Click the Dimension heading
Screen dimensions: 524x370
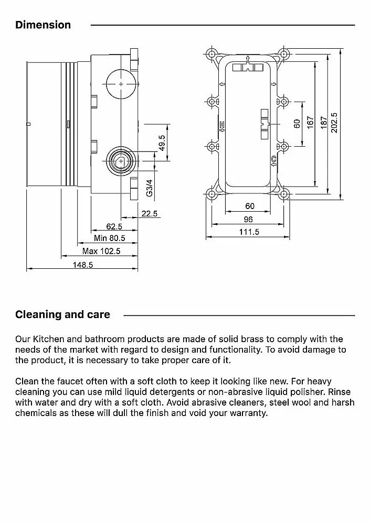tap(43, 25)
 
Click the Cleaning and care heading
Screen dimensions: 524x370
tap(62, 314)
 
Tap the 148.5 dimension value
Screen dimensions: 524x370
tap(83, 265)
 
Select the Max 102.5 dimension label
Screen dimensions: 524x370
tap(101, 251)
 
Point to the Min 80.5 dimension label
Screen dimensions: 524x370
tap(109, 238)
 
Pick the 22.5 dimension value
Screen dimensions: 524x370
tap(150, 213)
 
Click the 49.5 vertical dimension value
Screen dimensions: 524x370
tap(162, 143)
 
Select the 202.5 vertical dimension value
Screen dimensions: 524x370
tap(334, 123)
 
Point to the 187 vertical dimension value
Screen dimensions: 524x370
tap(324, 123)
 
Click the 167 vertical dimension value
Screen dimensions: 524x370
tap(310, 123)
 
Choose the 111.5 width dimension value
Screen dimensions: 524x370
tap(249, 232)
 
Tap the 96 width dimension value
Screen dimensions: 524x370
tap(249, 219)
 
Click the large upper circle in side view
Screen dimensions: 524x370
tap(121, 84)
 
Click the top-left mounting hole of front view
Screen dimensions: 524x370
tap(212, 54)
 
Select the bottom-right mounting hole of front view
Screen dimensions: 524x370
tap(284, 194)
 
